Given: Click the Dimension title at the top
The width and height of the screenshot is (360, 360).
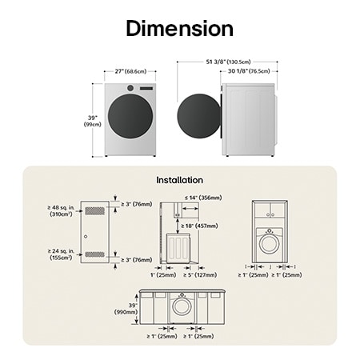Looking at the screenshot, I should pyautogui.click(x=179, y=30).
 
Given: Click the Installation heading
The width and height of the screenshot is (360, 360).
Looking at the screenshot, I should pyautogui.click(x=179, y=180).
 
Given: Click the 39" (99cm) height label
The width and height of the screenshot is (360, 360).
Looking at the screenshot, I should pyautogui.click(x=93, y=122).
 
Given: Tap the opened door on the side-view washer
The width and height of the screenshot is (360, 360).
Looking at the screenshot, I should pyautogui.click(x=198, y=118).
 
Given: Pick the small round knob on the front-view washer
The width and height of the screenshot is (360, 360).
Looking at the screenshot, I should pyautogui.click(x=130, y=88).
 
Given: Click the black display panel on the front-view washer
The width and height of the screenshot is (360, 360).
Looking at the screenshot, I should pyautogui.click(x=146, y=88).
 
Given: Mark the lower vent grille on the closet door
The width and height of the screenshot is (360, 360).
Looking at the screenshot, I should pyautogui.click(x=94, y=254).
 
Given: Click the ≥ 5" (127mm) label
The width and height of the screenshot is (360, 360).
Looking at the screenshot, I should pyautogui.click(x=199, y=275).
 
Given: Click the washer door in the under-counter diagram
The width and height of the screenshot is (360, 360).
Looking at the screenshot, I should pyautogui.click(x=182, y=306).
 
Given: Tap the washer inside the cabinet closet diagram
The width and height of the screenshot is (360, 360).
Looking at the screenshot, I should pyautogui.click(x=270, y=241).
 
